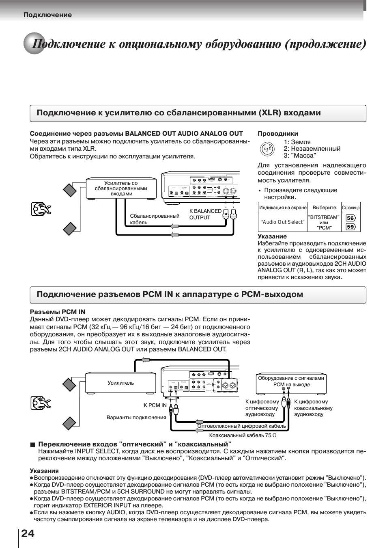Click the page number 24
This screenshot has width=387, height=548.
[28, 533]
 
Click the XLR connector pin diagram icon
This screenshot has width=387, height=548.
[267, 149]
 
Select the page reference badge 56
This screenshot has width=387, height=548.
[350, 218]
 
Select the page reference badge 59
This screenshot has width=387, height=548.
[350, 227]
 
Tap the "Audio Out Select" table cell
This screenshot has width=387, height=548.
[282, 222]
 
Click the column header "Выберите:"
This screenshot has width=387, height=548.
[325, 208]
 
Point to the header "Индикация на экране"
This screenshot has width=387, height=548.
[283, 208]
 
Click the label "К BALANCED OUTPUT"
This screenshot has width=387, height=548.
[205, 214]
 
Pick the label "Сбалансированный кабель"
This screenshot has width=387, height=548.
[154, 219]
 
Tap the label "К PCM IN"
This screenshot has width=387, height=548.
[155, 405]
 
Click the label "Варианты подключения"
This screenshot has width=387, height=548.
[136, 417]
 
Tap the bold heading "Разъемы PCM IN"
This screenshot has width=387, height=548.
[58, 312]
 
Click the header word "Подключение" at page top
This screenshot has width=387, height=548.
[47, 15]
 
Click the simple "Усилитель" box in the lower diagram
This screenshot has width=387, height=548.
[120, 383]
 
